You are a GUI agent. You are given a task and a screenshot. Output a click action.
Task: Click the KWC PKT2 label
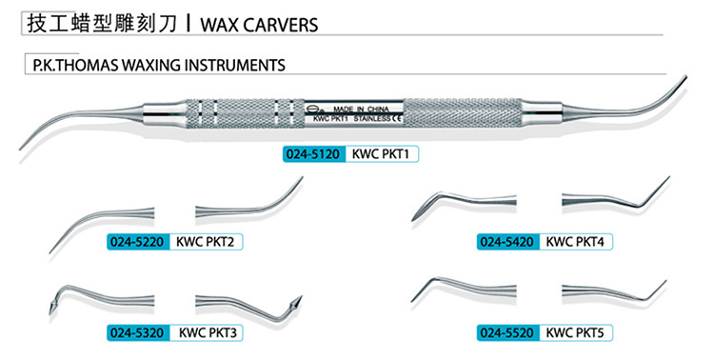(206, 242)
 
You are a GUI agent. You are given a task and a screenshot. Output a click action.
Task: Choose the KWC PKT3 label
(207, 334)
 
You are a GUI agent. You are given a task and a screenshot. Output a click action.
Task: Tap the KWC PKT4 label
(575, 242)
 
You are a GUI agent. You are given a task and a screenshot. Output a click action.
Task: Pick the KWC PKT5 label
(575, 334)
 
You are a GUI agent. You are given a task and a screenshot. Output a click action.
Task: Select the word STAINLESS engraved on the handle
(364, 121)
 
